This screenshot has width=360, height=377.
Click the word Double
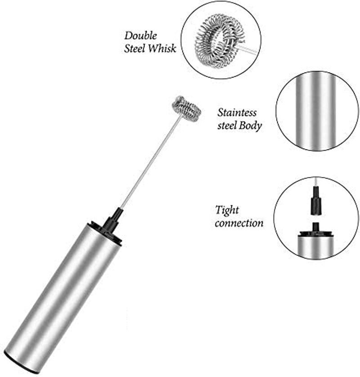coord(140,36)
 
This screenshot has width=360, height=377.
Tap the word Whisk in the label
coord(162,48)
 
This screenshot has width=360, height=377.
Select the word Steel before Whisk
coord(135,48)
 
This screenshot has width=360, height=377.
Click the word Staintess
coord(237,113)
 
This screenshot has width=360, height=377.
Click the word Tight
coord(227,210)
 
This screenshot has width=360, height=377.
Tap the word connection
coord(239,223)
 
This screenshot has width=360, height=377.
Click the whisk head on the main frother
coord(187,109)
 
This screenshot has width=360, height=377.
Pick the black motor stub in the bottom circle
coord(315,227)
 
